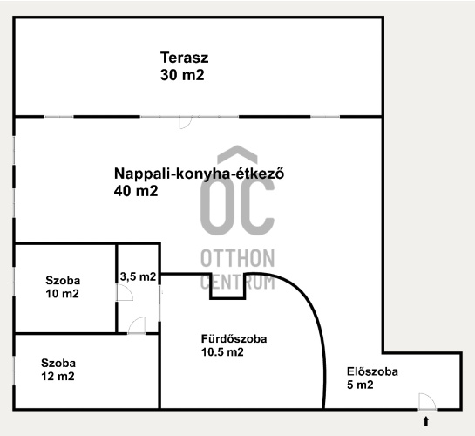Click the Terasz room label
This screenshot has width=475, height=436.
click(185, 58)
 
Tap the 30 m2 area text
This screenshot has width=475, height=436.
click(182, 75)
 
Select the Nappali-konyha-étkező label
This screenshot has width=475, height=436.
click(199, 174)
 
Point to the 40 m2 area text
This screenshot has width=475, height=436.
click(136, 191)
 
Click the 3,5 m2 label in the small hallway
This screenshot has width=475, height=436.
click(138, 276)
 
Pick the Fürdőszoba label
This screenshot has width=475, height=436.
click(234, 338)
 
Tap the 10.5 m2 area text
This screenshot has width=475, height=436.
click(222, 352)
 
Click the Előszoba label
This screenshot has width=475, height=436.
click(372, 371)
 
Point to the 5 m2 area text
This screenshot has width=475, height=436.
click(360, 385)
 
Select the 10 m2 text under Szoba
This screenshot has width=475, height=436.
click(63, 294)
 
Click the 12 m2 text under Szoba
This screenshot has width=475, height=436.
click(58, 377)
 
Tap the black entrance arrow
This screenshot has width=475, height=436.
click(426, 421)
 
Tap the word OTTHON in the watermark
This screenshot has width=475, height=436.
click(238, 258)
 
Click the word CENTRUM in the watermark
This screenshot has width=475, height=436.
click(238, 282)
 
